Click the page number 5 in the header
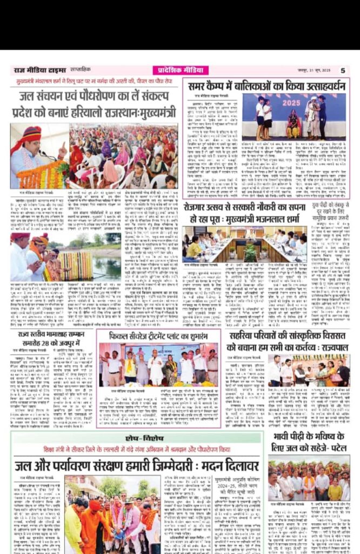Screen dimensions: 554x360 pos(342,70)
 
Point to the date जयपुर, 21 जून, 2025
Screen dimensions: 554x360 pos(317,70)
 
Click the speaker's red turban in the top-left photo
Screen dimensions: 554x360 pos(31,134)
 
